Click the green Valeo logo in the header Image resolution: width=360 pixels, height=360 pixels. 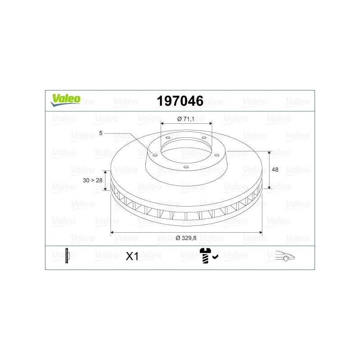pyautogui.click(x=66, y=100)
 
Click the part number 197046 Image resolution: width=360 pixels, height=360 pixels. pyautogui.click(x=180, y=101)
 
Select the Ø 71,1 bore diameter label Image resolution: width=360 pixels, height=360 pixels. pyautogui.click(x=186, y=119)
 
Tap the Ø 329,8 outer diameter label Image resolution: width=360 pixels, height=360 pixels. pyautogui.click(x=186, y=238)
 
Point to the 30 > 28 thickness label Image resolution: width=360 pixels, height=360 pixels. pyautogui.click(x=93, y=180)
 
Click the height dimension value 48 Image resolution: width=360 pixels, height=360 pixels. pyautogui.click(x=275, y=170)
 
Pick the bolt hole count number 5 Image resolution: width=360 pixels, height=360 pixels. pyautogui.click(x=100, y=133)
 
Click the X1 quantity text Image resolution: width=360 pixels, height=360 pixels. pyautogui.click(x=132, y=256)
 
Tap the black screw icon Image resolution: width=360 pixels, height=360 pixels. pyautogui.click(x=205, y=255)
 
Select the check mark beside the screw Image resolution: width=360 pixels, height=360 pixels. pyautogui.click(x=216, y=256)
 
